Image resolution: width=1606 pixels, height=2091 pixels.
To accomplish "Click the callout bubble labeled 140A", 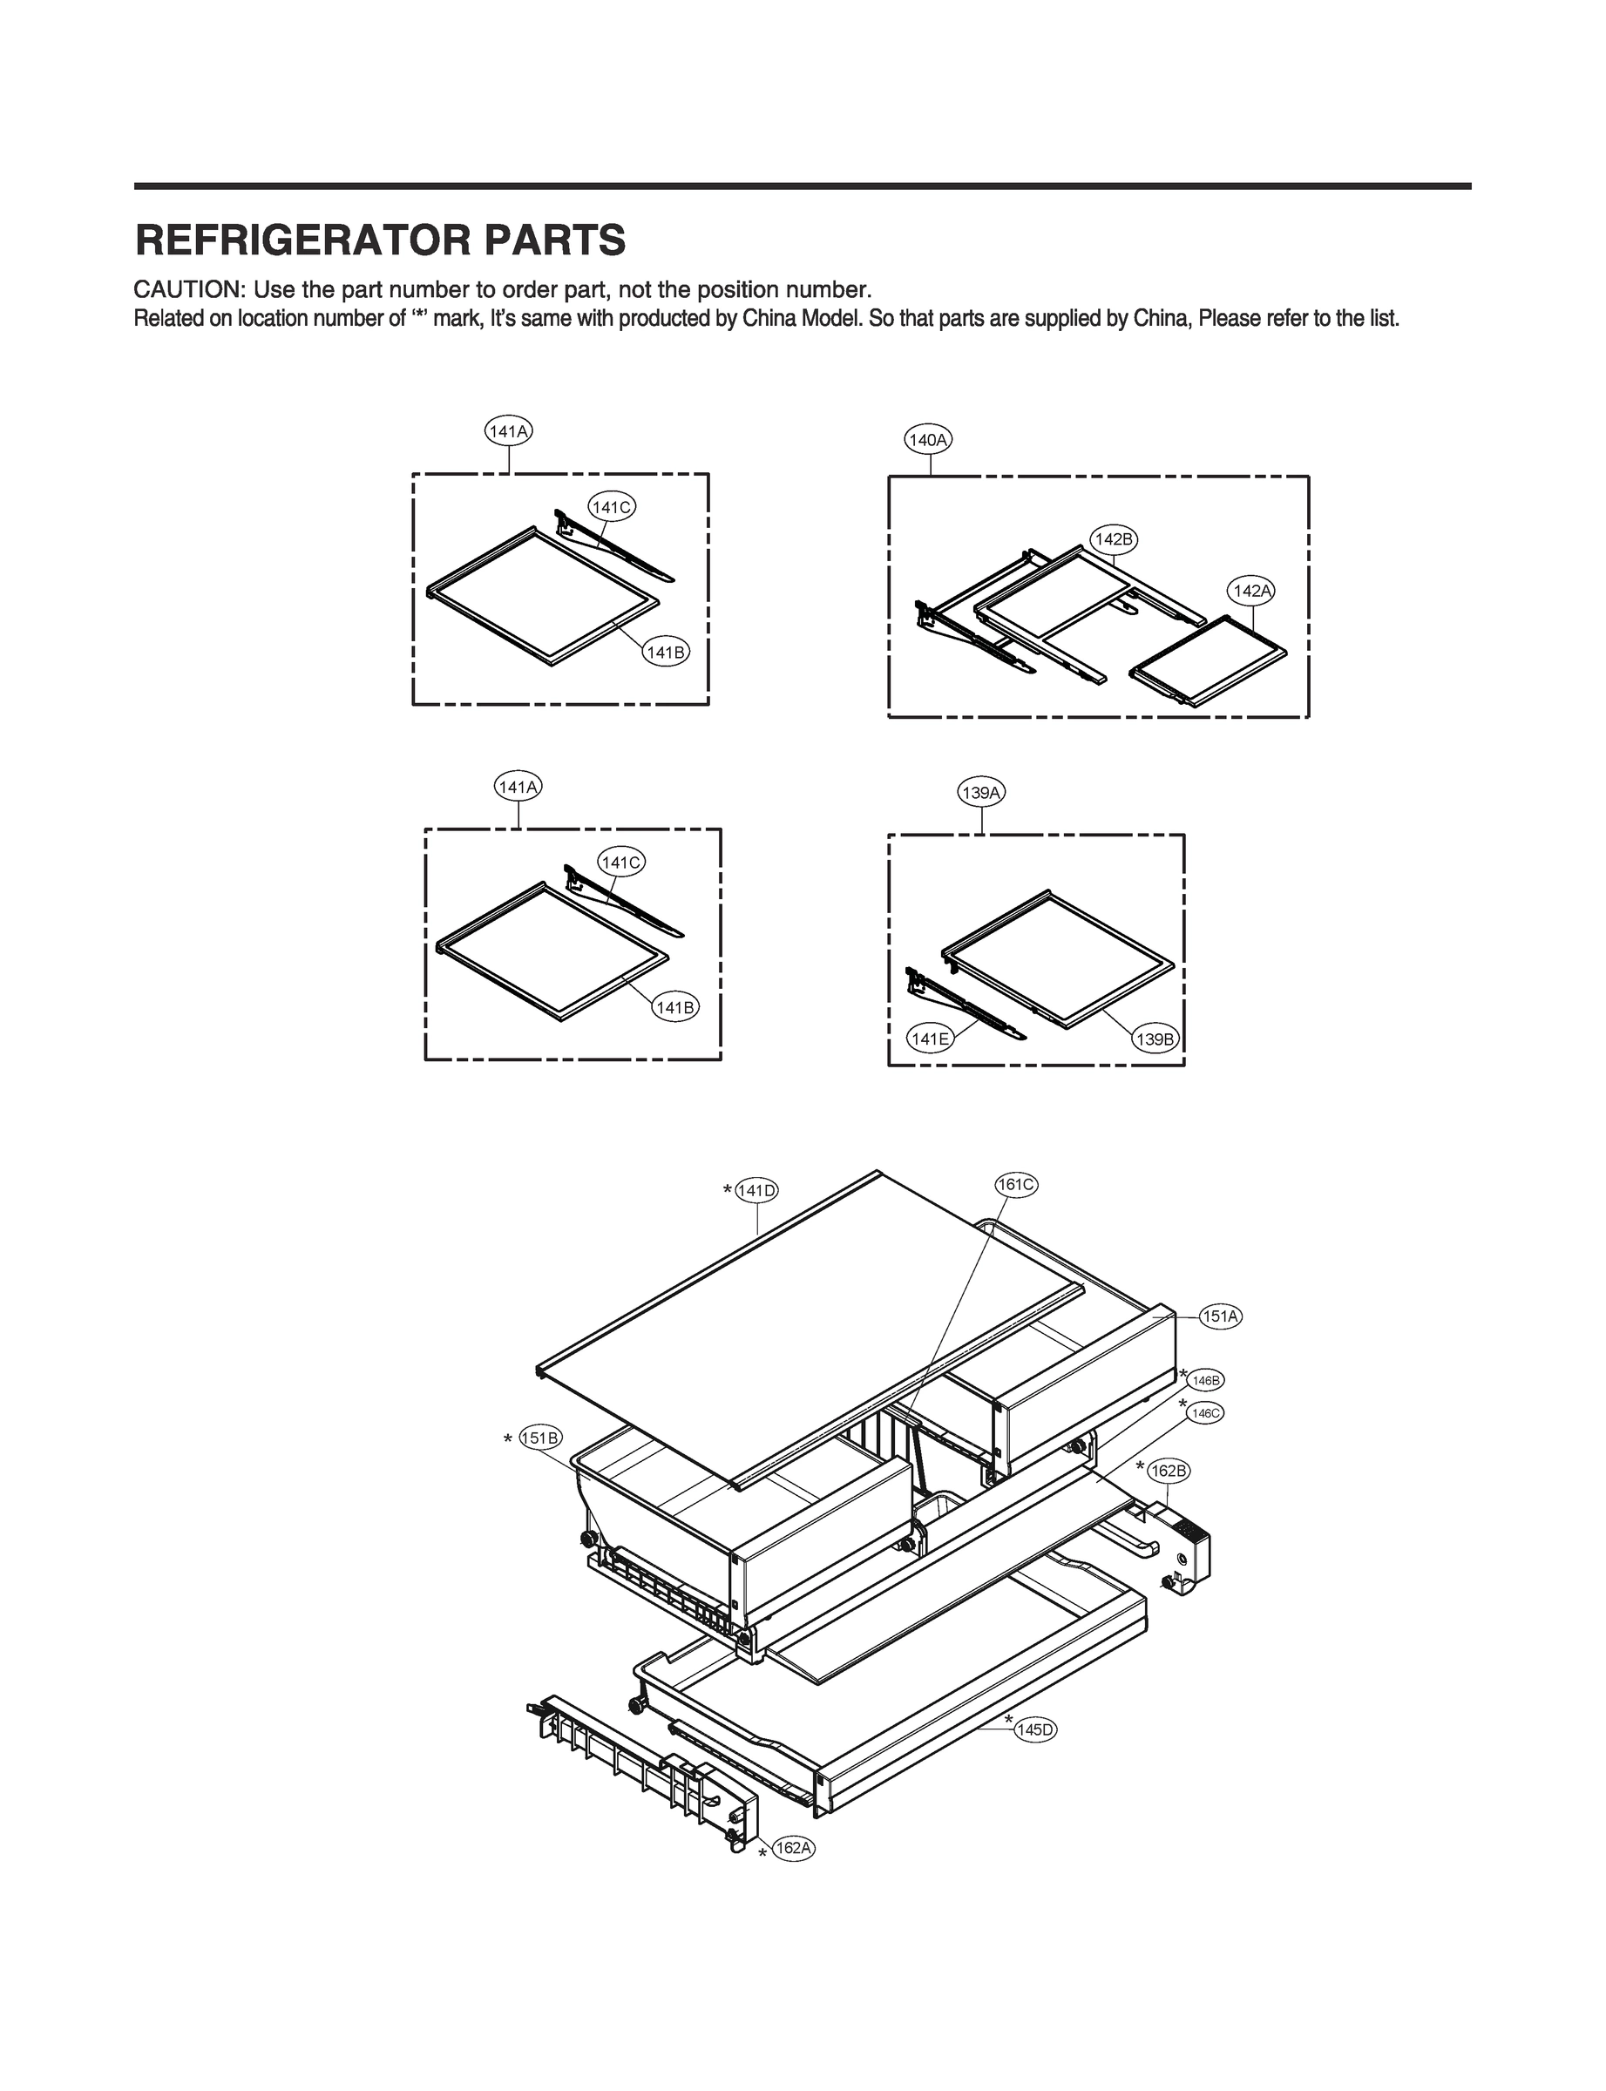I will (x=928, y=441).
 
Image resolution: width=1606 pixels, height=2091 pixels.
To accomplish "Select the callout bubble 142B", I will (x=1114, y=539).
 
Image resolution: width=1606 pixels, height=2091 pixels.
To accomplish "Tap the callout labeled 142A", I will (x=1252, y=592).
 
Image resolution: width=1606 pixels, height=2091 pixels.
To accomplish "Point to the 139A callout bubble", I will (x=982, y=793).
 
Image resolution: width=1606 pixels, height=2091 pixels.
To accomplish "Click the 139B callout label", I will (x=1155, y=1039).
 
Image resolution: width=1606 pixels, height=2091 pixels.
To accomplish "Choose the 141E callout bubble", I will (x=929, y=1038).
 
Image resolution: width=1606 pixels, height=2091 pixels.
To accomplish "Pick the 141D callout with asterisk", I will (x=757, y=1191).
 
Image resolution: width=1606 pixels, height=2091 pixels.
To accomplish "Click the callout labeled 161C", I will (x=1015, y=1185).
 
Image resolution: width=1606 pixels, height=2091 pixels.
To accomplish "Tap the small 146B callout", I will (x=1206, y=1381).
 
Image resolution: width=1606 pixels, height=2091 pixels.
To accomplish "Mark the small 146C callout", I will (x=1206, y=1412).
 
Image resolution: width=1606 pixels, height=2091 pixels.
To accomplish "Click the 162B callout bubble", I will (x=1169, y=1471).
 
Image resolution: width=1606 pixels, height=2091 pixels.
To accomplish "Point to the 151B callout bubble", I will (x=541, y=1438).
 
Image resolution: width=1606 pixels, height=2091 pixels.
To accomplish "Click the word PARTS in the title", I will (x=554, y=240).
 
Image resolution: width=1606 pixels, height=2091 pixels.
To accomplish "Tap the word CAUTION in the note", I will (x=187, y=289).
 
